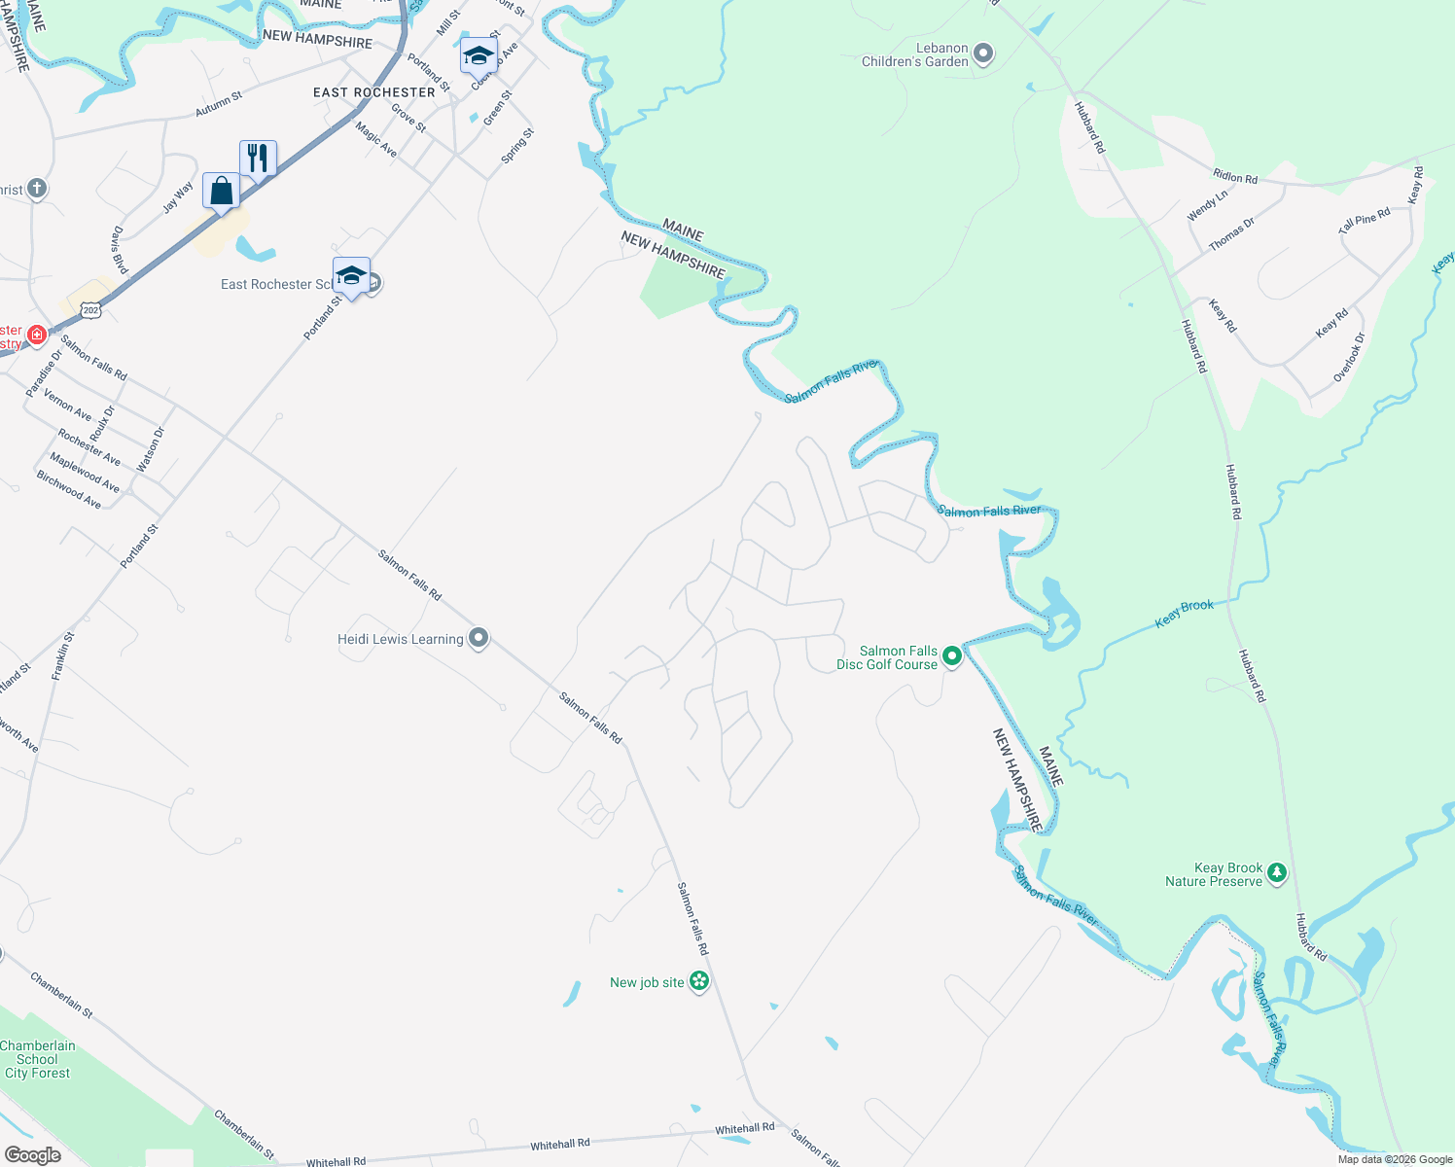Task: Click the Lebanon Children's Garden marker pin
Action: point(983,54)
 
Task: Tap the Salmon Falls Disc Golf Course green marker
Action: point(952,657)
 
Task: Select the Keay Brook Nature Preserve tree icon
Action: point(1277,874)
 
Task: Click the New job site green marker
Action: point(698,982)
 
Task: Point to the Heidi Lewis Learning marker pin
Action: point(478,639)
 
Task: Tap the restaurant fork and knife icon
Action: point(258,158)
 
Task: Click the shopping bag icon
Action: point(221,191)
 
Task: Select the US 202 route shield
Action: point(90,310)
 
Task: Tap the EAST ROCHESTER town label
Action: point(374,92)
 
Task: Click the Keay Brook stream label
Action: point(1184,614)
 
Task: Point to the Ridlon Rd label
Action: point(1235,177)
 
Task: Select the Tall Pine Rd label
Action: point(1364,221)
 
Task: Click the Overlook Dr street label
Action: point(1349,357)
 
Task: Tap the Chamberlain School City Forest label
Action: point(38,1059)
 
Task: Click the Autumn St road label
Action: point(219,104)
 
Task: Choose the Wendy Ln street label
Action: point(1208,205)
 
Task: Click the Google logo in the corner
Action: point(32,1154)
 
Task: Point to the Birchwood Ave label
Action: point(69,490)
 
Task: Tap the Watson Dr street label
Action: point(151,450)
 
